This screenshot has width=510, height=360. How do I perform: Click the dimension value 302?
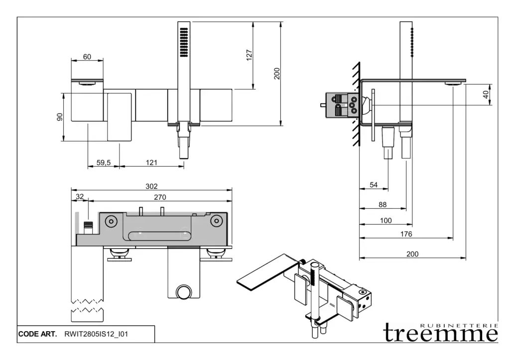point(151,186)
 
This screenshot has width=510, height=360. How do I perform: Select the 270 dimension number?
point(159,197)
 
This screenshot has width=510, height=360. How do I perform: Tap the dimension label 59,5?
point(103,162)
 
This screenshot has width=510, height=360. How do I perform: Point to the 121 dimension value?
point(152,162)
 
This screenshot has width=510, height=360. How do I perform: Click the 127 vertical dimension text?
point(250,55)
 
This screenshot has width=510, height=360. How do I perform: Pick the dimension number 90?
point(60,117)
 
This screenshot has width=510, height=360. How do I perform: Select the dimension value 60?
point(87,57)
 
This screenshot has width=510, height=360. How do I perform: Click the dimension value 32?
point(79,197)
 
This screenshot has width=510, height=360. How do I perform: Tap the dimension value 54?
point(374,185)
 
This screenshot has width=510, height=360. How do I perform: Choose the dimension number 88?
point(383,204)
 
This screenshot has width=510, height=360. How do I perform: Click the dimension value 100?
point(385,220)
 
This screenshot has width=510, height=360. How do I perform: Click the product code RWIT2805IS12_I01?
point(97,334)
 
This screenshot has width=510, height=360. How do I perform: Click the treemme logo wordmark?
point(440,333)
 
